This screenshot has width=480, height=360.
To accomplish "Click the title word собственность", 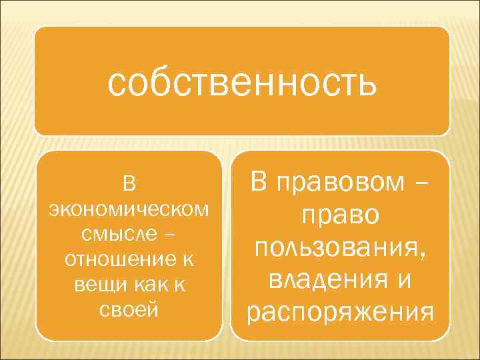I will [x=242, y=85].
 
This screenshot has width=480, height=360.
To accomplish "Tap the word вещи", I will [x=93, y=285].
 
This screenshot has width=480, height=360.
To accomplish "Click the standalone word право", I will [x=340, y=216].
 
